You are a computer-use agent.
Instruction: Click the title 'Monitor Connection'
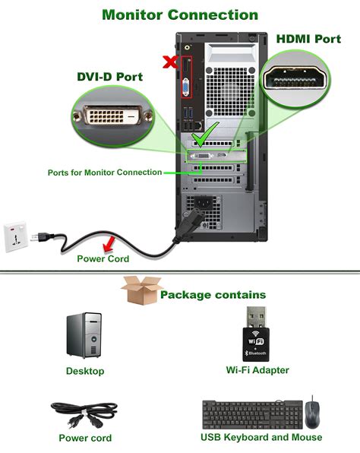(179, 14)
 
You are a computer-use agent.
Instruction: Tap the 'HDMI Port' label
(308, 38)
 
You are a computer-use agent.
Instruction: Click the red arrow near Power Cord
(111, 242)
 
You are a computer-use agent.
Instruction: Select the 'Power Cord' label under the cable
(103, 258)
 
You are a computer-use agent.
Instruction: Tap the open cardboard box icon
(137, 290)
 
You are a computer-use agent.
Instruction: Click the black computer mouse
(313, 413)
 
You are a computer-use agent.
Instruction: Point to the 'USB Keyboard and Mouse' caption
(261, 437)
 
